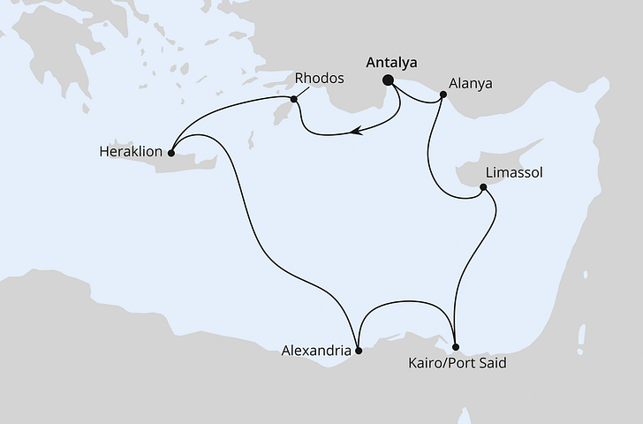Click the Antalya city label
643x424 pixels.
click(391, 63)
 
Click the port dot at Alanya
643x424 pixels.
click(443, 102)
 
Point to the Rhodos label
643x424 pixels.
click(320, 79)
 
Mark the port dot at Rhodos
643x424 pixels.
click(295, 99)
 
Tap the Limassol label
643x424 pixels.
click(513, 171)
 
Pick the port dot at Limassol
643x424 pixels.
click(482, 187)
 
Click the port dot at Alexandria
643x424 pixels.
click(358, 350)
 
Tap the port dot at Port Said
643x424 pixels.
click(455, 347)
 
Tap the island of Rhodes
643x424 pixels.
click(286, 111)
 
